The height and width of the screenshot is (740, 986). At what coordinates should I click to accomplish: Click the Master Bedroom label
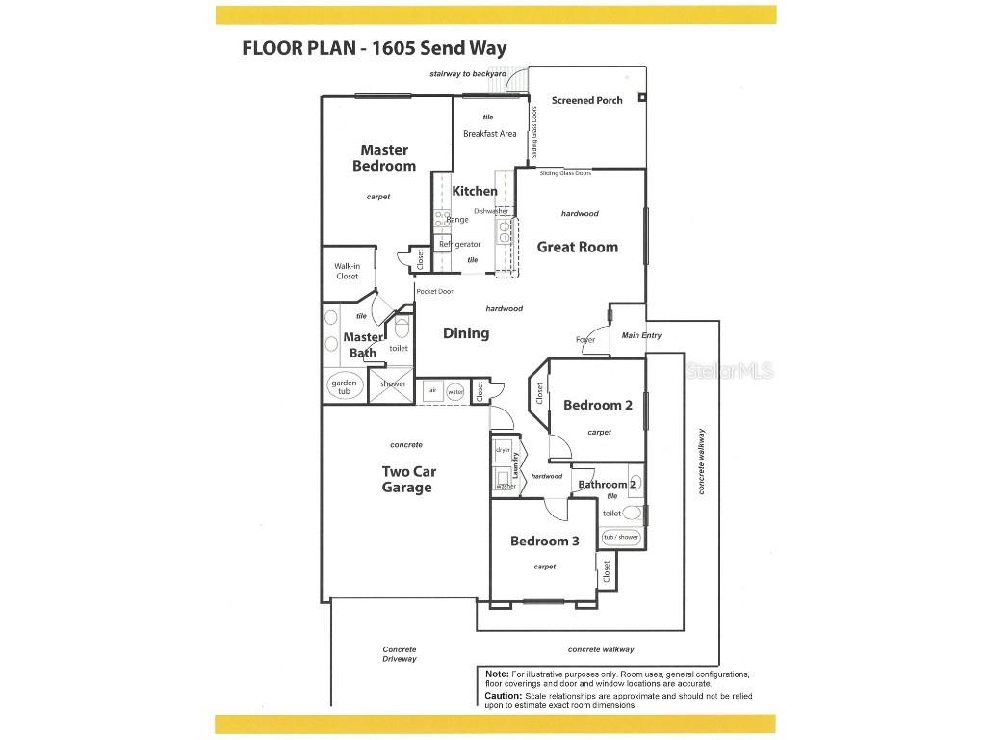coord(384,158)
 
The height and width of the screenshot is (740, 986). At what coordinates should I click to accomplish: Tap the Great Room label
coord(577,247)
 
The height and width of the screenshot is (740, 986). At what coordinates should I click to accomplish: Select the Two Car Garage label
coord(406,479)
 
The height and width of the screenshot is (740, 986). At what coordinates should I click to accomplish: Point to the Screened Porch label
coord(586,100)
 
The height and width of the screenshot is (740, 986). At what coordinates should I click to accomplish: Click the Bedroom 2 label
coord(597,405)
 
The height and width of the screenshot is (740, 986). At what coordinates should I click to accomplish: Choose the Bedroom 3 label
coord(544,542)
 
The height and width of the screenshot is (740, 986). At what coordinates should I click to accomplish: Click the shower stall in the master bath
coord(393,383)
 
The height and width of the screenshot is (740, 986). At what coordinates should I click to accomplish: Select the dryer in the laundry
coord(503,450)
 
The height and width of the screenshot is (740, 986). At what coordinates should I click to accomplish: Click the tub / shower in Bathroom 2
coord(621,537)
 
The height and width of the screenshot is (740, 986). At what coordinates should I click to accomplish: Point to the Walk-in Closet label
coord(347,271)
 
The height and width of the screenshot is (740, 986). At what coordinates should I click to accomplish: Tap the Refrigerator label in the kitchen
coord(459,244)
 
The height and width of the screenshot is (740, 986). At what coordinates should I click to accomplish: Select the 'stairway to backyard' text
coord(468,74)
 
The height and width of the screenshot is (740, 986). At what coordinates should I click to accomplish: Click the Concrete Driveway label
coord(400,654)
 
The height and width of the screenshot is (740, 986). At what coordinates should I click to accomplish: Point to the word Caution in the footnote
coord(503,695)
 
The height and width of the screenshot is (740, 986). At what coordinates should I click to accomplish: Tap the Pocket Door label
coord(434,291)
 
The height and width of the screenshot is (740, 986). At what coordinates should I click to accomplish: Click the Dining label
coord(466,333)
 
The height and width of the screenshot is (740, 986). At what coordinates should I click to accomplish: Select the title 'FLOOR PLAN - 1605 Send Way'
coord(375,48)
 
